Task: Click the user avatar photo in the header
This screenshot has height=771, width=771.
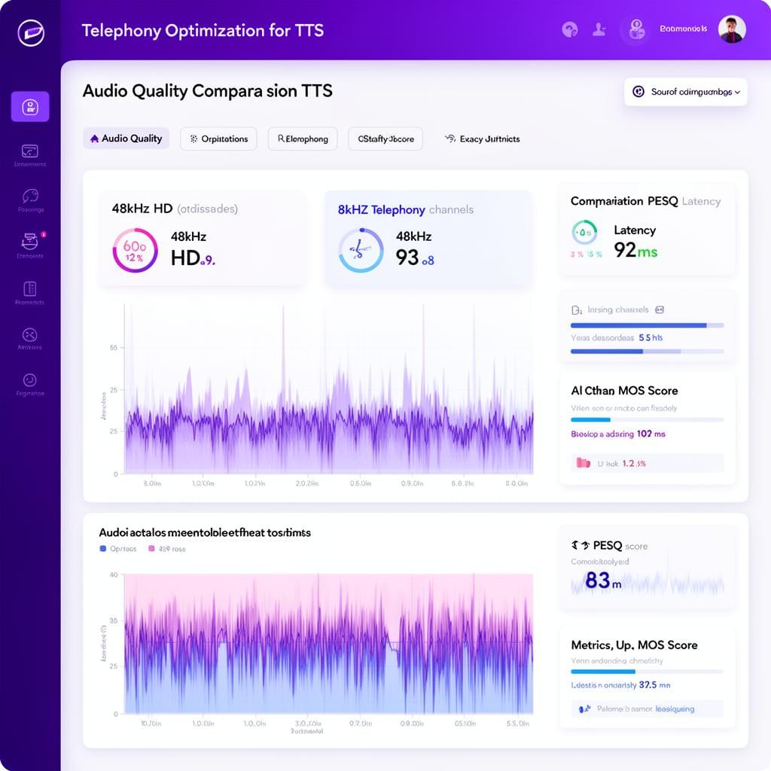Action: pyautogui.click(x=731, y=29)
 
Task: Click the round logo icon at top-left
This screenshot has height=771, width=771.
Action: pyautogui.click(x=30, y=32)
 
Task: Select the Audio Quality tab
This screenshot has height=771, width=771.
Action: pyautogui.click(x=126, y=139)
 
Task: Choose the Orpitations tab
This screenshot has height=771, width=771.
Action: pyautogui.click(x=218, y=139)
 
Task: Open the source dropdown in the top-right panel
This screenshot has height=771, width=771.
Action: pyautogui.click(x=685, y=92)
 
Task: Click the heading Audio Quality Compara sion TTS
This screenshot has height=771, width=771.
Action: pyautogui.click(x=207, y=91)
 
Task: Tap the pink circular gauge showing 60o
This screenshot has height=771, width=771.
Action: pyautogui.click(x=135, y=250)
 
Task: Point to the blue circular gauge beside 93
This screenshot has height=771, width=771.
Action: pyautogui.click(x=361, y=250)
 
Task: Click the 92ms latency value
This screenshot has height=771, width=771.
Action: pyautogui.click(x=635, y=251)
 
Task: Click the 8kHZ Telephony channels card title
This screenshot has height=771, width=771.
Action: pyautogui.click(x=405, y=209)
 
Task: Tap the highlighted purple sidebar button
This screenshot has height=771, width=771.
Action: pyautogui.click(x=30, y=106)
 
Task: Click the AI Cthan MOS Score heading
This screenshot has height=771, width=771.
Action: pyautogui.click(x=624, y=391)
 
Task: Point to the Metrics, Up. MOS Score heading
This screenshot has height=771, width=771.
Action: pyautogui.click(x=634, y=645)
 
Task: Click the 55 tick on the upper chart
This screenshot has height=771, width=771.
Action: pyautogui.click(x=114, y=348)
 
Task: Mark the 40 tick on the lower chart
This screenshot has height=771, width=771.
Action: pyautogui.click(x=114, y=574)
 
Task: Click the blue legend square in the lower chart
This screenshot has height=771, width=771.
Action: pyautogui.click(x=102, y=549)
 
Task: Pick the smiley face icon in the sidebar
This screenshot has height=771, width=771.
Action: pyautogui.click(x=30, y=380)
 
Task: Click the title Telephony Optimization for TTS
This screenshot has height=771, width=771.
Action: pyautogui.click(x=202, y=31)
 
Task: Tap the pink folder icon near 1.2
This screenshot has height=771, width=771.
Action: pyautogui.click(x=583, y=463)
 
